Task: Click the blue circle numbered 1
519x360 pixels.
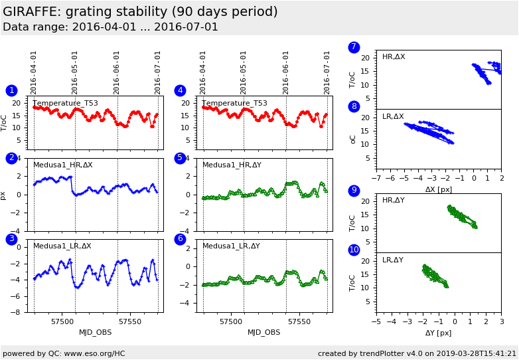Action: [11, 90]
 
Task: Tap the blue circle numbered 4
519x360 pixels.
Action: [180, 90]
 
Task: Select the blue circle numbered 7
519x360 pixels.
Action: [354, 47]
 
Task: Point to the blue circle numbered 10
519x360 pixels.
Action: [354, 250]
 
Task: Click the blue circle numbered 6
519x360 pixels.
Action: [180, 238]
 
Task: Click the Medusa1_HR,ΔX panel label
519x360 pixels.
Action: [63, 165]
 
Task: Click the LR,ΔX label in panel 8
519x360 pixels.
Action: [393, 117]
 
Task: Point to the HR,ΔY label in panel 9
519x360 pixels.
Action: [393, 200]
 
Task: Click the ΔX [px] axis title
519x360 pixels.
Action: [438, 189]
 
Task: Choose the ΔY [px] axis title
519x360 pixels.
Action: [438, 333]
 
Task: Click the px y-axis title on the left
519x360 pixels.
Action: [4, 195]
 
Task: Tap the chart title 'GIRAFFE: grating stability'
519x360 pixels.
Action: [140, 12]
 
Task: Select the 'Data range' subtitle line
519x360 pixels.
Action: [110, 27]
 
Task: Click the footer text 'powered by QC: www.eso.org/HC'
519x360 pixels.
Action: [64, 353]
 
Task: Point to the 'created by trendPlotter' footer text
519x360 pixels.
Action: [417, 353]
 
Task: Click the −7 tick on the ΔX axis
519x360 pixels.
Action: [376, 179]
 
